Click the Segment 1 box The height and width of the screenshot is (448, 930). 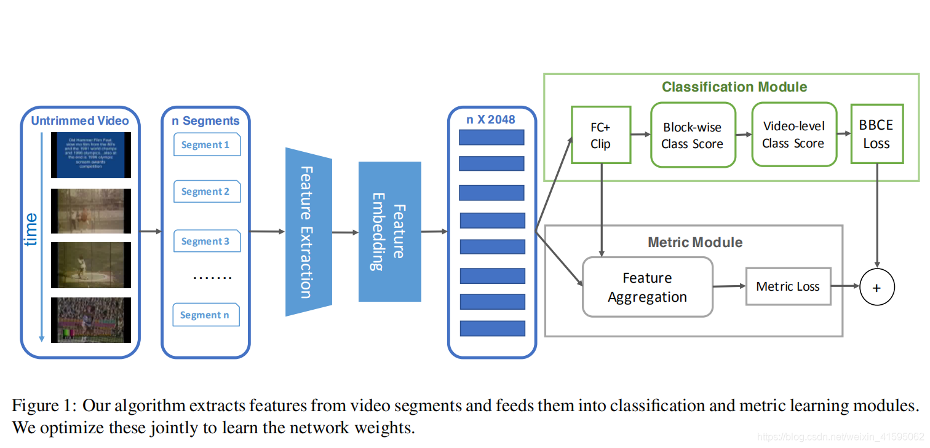pyautogui.click(x=207, y=145)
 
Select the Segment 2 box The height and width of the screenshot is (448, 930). pyautogui.click(x=207, y=192)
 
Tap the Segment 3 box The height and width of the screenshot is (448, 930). pyautogui.click(x=207, y=242)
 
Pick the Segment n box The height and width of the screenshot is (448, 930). pyautogui.click(x=205, y=315)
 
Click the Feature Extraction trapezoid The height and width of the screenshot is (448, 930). pyautogui.click(x=308, y=232)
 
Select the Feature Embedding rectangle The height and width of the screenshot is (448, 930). pyautogui.click(x=389, y=232)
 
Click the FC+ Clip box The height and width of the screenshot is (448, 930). pyautogui.click(x=601, y=135)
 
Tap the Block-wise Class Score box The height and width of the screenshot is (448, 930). pyautogui.click(x=693, y=136)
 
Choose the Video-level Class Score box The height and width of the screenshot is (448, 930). pyautogui.click(x=793, y=135)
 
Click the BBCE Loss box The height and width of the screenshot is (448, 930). pyautogui.click(x=876, y=134)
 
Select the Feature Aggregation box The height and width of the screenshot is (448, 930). pyautogui.click(x=647, y=288)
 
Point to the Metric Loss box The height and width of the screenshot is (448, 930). pyautogui.click(x=788, y=286)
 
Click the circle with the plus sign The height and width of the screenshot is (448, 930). pyautogui.click(x=876, y=287)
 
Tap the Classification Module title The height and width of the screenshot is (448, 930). pyautogui.click(x=734, y=87)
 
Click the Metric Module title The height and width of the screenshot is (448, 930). pyautogui.click(x=695, y=242)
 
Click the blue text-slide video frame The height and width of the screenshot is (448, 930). pyautogui.click(x=90, y=155)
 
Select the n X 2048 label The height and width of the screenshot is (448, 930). pyautogui.click(x=491, y=119)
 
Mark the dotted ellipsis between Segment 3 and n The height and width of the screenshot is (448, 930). pyautogui.click(x=212, y=278)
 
